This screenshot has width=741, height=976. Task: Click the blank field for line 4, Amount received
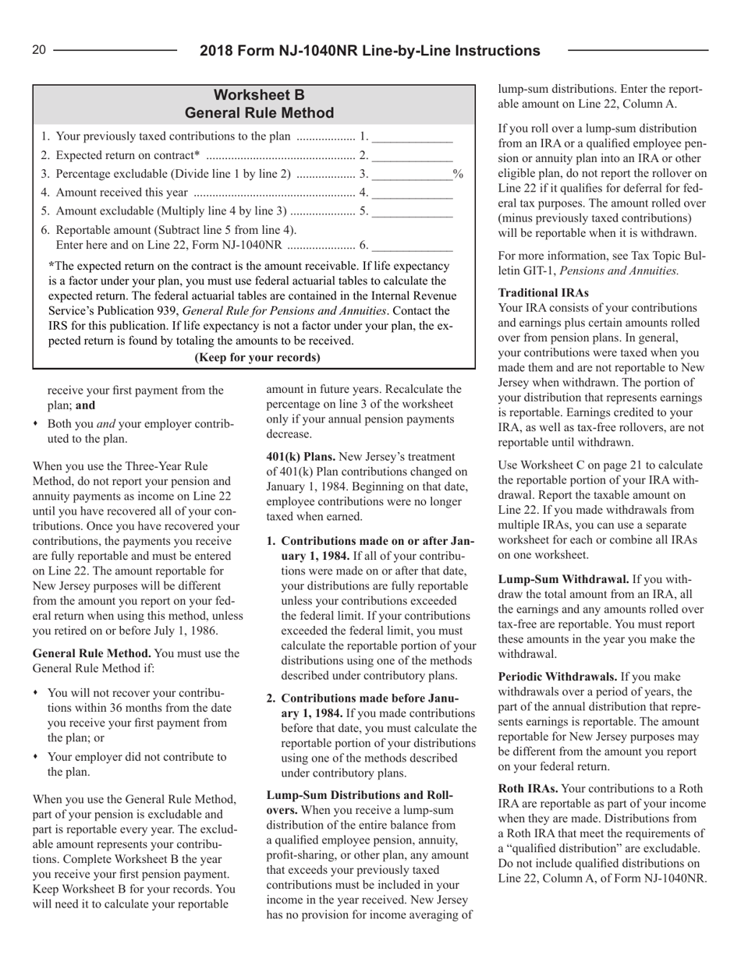pos(413,195)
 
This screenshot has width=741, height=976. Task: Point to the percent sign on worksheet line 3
pos(459,177)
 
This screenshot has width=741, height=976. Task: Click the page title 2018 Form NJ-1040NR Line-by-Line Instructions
pos(370,51)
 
